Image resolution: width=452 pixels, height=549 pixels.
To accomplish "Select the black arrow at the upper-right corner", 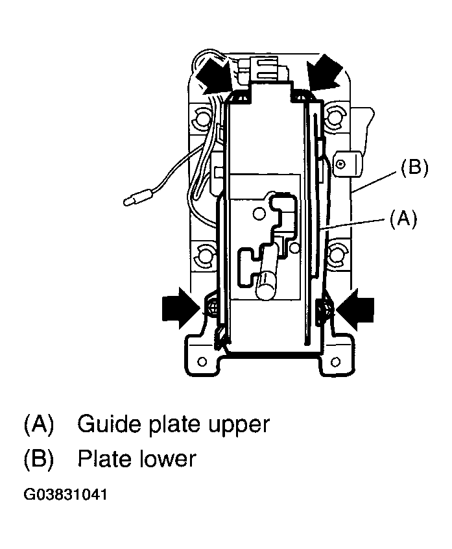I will tap(325, 73).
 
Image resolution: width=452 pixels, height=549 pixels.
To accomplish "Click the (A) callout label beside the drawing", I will tap(403, 219).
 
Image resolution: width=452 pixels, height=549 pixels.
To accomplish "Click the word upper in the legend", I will tap(235, 426).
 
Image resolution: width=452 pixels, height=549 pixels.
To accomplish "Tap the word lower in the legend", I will tap(168, 459).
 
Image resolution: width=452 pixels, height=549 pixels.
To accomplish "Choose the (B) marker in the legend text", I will tap(39, 459).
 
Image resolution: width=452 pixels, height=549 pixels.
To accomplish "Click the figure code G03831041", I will tap(65, 494).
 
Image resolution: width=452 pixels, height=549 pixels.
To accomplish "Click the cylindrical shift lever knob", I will tap(265, 285).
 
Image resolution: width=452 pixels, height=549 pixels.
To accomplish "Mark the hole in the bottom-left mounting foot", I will tap(202, 360).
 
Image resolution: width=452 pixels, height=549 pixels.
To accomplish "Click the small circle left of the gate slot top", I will tap(259, 213).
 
